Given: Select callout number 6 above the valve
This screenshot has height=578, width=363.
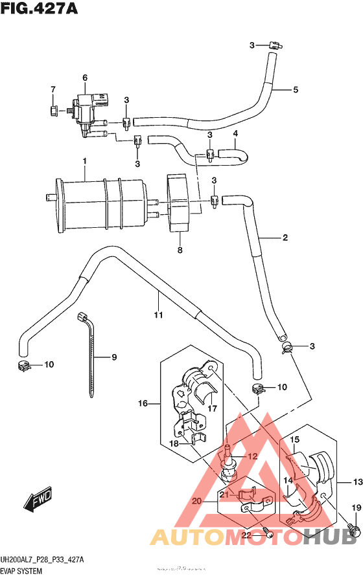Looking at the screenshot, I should [84, 78].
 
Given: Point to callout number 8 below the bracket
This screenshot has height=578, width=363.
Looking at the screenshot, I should [180, 250].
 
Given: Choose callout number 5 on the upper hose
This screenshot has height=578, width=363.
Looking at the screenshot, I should [295, 89].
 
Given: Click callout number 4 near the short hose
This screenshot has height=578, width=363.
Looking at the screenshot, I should [236, 134].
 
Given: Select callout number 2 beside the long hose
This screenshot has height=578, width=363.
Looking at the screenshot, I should [284, 238].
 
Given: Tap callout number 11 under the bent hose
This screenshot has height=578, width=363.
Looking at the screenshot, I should [157, 315].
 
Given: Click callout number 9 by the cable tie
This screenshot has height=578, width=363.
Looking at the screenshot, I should [114, 357].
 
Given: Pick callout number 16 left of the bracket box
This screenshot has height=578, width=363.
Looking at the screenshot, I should [143, 403].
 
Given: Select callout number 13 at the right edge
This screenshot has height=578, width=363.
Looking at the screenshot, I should [356, 482].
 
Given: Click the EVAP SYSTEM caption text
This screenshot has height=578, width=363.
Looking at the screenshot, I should [21, 572].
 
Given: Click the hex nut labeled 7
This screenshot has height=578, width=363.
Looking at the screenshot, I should [54, 110].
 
